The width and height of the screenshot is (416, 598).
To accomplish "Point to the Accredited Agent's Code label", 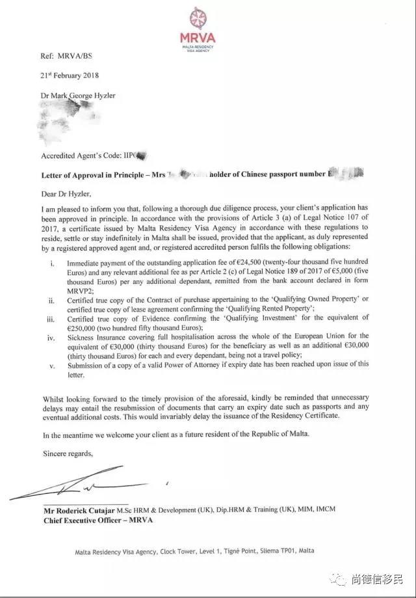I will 83,156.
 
